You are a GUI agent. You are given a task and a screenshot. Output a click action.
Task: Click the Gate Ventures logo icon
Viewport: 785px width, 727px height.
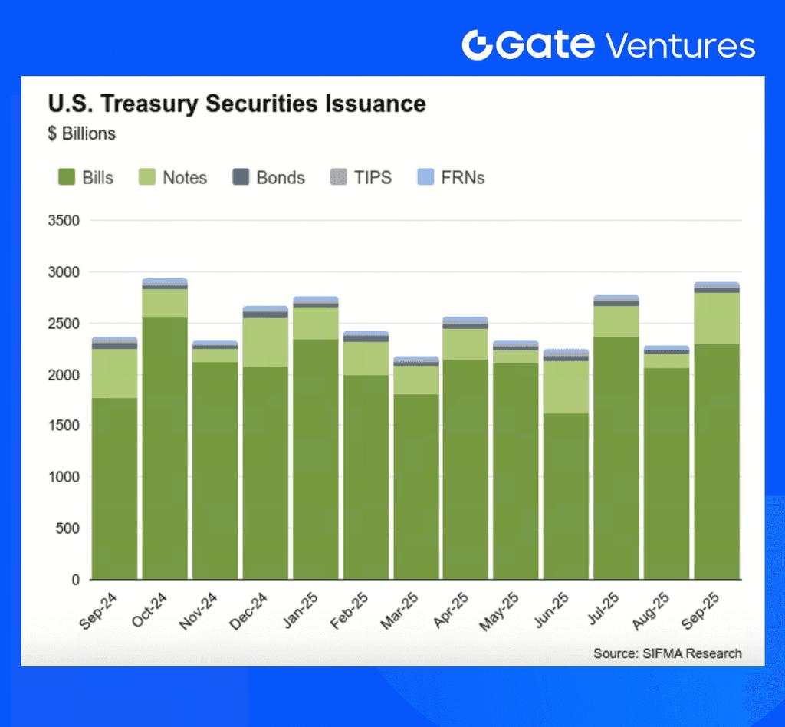[480, 44]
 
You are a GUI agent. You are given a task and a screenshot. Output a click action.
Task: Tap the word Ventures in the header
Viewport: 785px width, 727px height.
[680, 45]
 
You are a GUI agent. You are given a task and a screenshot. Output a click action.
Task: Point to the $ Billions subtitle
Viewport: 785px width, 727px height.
[81, 133]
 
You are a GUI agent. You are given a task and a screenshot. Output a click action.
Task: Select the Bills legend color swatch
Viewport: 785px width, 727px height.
[67, 178]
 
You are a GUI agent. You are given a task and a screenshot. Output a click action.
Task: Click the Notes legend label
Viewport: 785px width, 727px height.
[185, 178]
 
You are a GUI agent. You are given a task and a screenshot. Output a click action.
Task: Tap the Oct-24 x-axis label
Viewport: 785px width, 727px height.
[149, 612]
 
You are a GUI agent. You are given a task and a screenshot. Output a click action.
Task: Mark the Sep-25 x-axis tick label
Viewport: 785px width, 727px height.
[701, 612]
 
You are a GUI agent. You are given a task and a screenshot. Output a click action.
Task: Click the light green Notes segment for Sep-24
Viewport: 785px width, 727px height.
[114, 373]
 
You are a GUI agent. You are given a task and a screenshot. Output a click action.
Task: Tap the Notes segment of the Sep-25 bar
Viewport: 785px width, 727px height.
[717, 318]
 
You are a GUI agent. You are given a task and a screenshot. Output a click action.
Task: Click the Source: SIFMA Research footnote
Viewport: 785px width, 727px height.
[667, 653]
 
